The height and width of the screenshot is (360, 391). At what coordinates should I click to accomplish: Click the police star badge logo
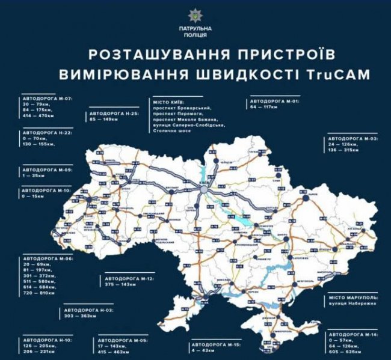(x=195, y=14)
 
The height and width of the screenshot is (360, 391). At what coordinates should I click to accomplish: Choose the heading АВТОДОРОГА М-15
(x=214, y=346)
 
